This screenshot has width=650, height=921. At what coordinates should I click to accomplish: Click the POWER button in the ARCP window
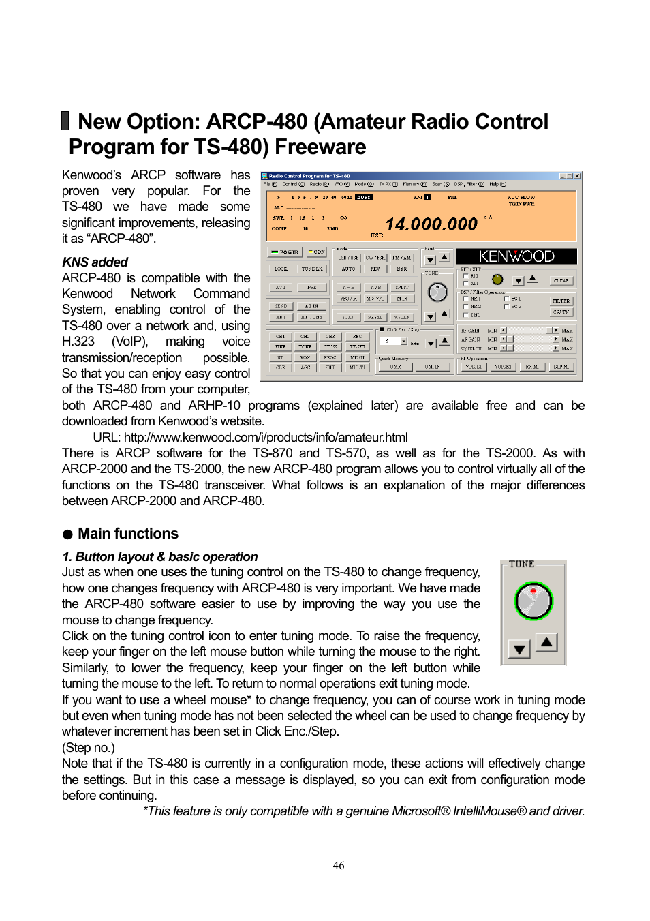285,252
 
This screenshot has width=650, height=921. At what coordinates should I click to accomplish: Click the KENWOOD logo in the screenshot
516,256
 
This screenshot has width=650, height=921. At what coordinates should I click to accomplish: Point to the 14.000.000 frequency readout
431,224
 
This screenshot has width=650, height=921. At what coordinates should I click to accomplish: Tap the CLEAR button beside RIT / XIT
561,280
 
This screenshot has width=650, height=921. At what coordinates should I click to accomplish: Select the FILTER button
561,301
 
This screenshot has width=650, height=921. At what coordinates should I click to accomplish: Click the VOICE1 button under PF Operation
473,367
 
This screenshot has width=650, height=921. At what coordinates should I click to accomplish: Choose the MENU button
357,357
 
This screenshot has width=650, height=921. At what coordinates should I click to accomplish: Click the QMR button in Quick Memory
395,367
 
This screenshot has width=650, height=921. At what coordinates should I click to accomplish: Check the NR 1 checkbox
466,299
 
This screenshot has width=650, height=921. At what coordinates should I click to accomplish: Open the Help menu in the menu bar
497,184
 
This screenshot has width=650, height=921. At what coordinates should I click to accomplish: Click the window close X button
577,176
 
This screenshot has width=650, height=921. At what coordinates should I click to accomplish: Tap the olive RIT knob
497,280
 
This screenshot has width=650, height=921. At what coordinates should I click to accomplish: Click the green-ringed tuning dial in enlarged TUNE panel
533,601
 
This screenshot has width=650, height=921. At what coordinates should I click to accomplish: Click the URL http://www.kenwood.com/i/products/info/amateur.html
266,438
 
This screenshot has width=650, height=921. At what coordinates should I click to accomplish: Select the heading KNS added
95,262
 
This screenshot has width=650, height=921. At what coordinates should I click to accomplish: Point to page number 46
339,866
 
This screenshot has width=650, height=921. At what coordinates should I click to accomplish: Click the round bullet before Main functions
67,534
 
